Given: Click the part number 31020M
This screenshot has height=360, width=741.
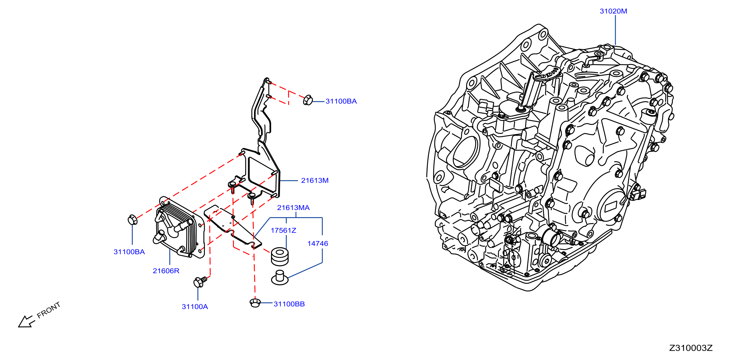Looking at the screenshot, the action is pyautogui.click(x=613, y=11).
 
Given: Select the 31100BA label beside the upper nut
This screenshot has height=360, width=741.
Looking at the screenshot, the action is pyautogui.click(x=341, y=101).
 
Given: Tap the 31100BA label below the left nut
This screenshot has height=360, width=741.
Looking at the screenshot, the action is pyautogui.click(x=129, y=252).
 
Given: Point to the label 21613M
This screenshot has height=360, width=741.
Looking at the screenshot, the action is pyautogui.click(x=315, y=180).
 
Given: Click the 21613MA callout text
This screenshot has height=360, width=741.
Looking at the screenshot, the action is pyautogui.click(x=293, y=208).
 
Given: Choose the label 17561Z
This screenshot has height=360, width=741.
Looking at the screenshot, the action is pyautogui.click(x=283, y=230).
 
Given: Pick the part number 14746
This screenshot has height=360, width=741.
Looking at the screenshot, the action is pyautogui.click(x=318, y=244).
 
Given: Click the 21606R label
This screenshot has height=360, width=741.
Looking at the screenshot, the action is pyautogui.click(x=166, y=271).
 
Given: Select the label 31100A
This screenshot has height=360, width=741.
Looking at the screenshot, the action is pyautogui.click(x=195, y=307).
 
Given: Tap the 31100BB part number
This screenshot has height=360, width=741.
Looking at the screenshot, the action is pyautogui.click(x=289, y=304).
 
